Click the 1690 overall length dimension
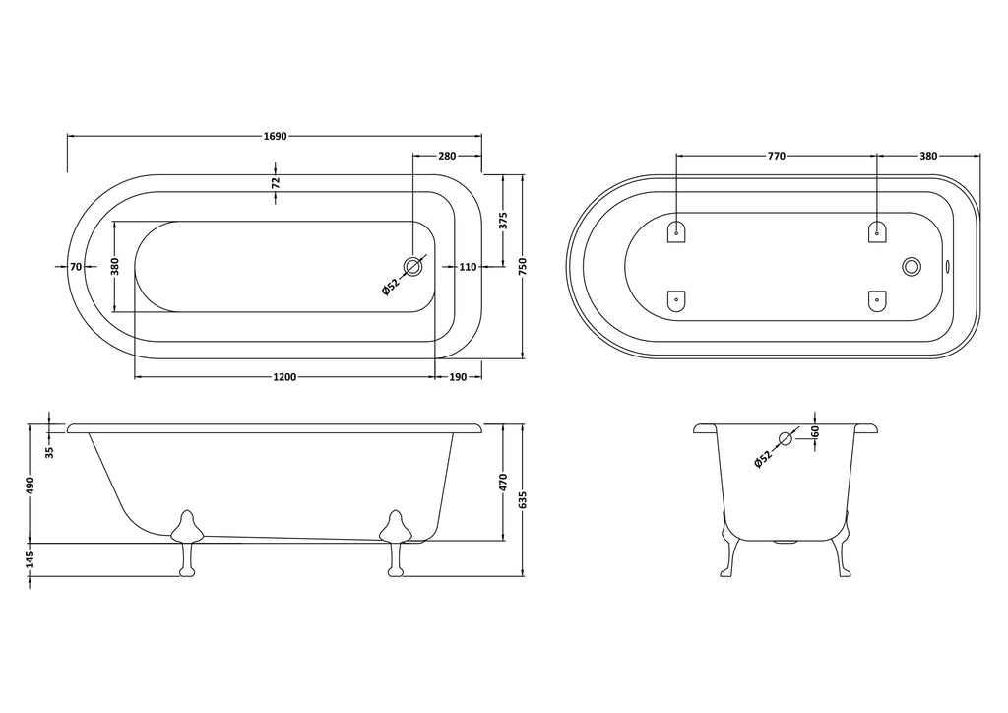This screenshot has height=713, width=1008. (x=275, y=136)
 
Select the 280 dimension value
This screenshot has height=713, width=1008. (x=447, y=156)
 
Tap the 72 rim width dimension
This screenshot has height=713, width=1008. (x=276, y=182)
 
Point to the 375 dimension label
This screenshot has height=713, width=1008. (x=503, y=221)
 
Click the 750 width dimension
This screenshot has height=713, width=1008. (x=523, y=266)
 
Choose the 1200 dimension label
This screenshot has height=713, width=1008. (x=284, y=377)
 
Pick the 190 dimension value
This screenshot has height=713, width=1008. (x=457, y=377)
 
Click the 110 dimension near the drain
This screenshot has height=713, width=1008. (x=468, y=266)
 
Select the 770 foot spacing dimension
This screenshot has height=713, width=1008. (x=777, y=156)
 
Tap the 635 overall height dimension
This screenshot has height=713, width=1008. (x=523, y=500)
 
